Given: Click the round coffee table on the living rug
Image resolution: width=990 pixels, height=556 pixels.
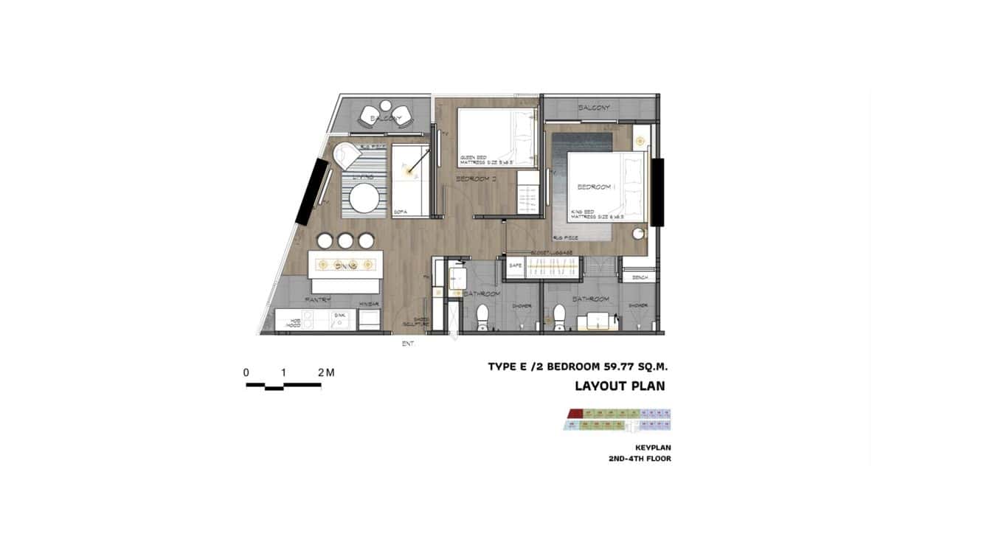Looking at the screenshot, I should click(x=364, y=198).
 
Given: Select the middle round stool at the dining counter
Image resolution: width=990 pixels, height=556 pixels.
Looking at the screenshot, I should click(x=345, y=240).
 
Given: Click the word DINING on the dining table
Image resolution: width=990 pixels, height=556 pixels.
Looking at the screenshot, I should click(x=345, y=265).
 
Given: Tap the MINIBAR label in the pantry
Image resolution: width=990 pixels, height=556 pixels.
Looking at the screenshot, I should click(x=369, y=302).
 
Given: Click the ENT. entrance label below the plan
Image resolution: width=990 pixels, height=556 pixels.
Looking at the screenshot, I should click(x=408, y=344).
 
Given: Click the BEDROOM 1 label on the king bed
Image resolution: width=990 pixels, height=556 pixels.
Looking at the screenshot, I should click(x=595, y=188).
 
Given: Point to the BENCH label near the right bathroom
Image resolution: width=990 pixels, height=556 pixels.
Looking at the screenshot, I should click(x=639, y=277).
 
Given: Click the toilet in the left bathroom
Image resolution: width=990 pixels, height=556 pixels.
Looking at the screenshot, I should click(x=483, y=318).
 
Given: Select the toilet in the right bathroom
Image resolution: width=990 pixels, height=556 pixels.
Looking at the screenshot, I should click(x=559, y=318).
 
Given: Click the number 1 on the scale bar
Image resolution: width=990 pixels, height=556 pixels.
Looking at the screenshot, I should click(x=283, y=373).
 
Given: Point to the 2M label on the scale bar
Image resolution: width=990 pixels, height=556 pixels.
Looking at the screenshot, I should click(x=326, y=373).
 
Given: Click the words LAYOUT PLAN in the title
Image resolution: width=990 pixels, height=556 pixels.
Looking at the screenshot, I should click(x=620, y=386).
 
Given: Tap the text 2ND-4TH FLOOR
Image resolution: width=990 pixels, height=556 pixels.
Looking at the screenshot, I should click(x=640, y=459).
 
